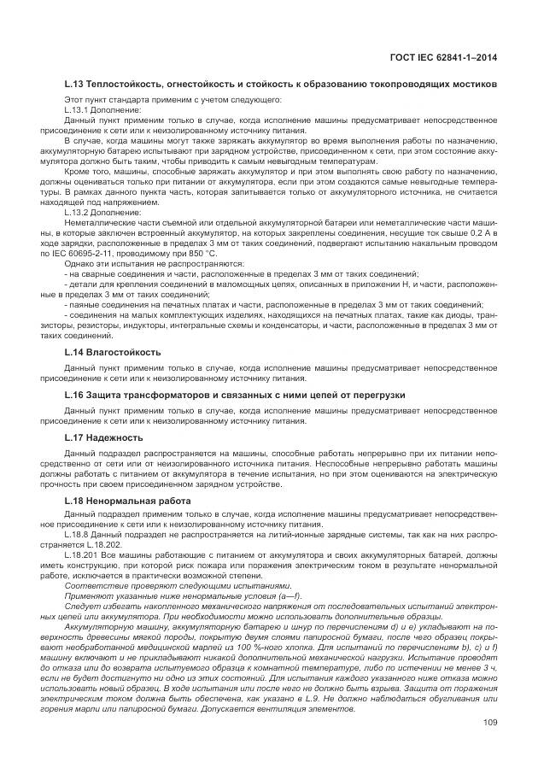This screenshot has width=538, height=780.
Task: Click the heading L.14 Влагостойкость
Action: (x=112, y=351)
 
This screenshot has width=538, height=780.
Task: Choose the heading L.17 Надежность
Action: (x=103, y=437)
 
